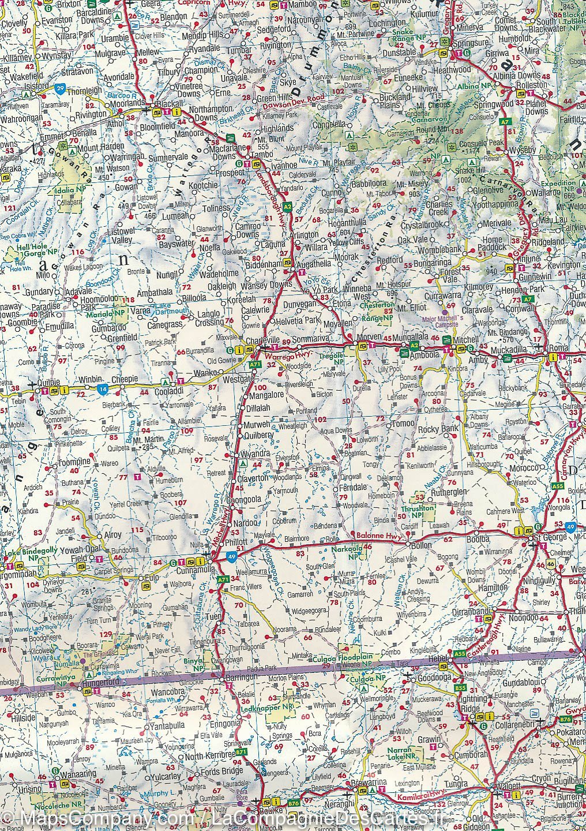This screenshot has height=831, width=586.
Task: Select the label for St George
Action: (x=547, y=538)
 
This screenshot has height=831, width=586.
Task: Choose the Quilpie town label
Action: (x=24, y=382)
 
